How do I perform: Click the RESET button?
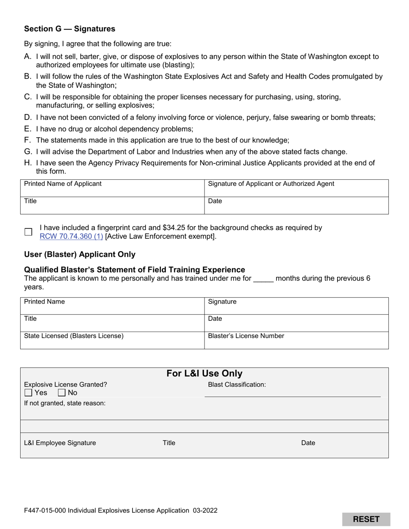click(366, 519)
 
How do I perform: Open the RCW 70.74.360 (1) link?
click(71, 236)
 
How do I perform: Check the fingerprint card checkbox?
click(28, 232)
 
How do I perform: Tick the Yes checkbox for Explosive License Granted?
click(28, 393)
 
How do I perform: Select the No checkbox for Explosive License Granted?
click(62, 393)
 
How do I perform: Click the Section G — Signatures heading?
click(70, 29)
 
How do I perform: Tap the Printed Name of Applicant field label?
click(63, 184)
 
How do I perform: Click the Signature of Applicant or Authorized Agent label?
click(271, 184)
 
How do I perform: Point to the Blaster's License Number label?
click(246, 336)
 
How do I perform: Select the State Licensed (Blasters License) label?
click(74, 336)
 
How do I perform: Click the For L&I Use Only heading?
click(204, 373)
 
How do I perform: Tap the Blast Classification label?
click(237, 384)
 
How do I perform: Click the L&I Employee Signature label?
click(60, 443)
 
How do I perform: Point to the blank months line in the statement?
click(263, 279)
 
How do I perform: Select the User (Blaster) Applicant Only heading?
click(80, 254)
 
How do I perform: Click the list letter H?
click(28, 163)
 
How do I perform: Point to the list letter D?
click(28, 117)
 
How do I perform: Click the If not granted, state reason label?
click(65, 403)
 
